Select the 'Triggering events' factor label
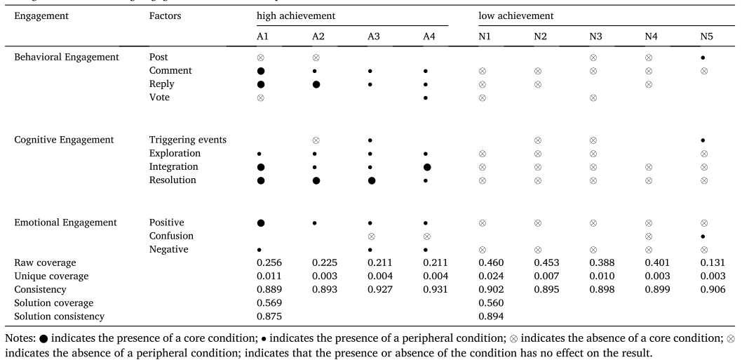click(x=186, y=140)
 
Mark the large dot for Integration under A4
click(x=427, y=167)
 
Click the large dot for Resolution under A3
click(x=372, y=180)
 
